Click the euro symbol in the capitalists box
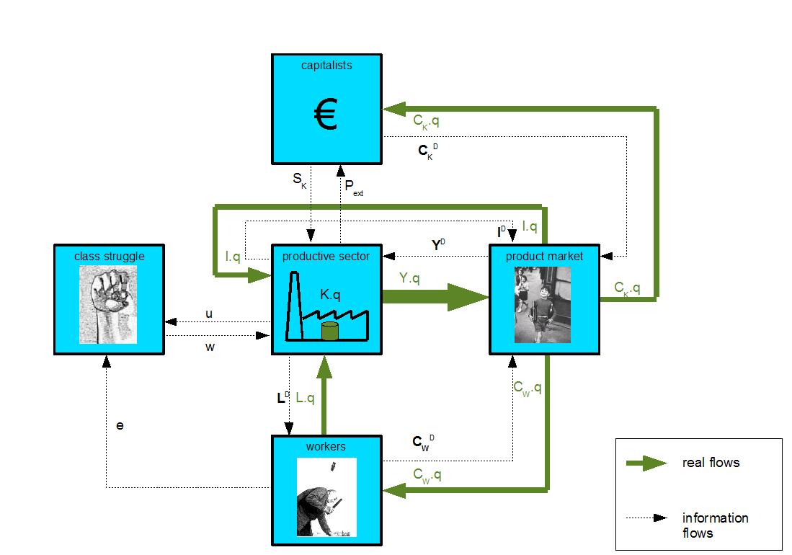pyautogui.click(x=326, y=115)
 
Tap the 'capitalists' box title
pyautogui.click(x=326, y=65)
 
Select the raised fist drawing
pyautogui.click(x=108, y=303)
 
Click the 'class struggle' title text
pyautogui.click(x=109, y=256)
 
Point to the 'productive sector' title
pyautogui.click(x=326, y=256)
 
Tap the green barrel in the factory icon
pyautogui.click(x=329, y=331)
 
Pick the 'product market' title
pyautogui.click(x=544, y=256)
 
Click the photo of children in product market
pyautogui.click(x=543, y=304)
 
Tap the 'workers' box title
pyautogui.click(x=326, y=446)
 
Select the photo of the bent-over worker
pyautogui.click(x=326, y=497)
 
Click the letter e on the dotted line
pyautogui.click(x=120, y=425)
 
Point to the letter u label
pyautogui.click(x=209, y=314)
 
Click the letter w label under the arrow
pyautogui.click(x=210, y=347)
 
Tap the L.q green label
pyautogui.click(x=306, y=397)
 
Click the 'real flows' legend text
pyautogui.click(x=711, y=462)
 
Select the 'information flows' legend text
pyautogui.click(x=705, y=525)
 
